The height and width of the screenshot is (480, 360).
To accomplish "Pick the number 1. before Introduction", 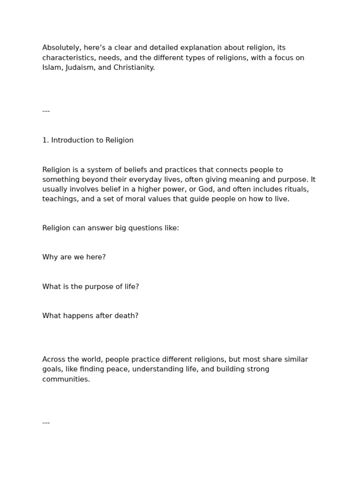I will click(45, 140).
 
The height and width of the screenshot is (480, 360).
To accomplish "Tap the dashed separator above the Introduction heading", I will click(46, 111).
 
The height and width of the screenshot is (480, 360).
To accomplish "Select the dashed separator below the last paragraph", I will click(46, 422).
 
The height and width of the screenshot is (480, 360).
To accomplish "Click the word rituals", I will click(296, 189).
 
